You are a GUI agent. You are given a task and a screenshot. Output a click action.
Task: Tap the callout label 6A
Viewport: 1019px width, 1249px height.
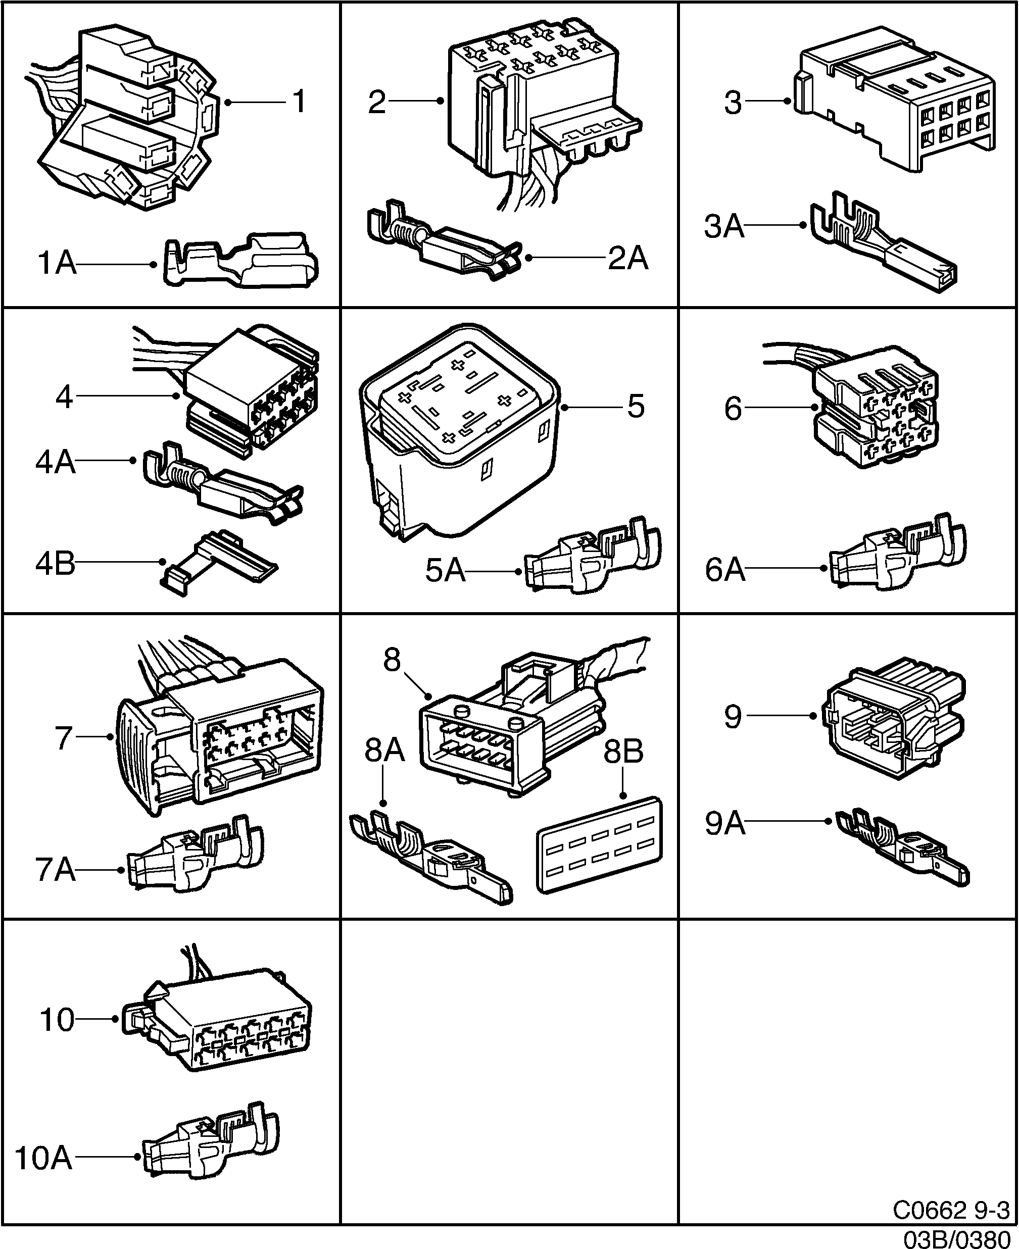(x=725, y=570)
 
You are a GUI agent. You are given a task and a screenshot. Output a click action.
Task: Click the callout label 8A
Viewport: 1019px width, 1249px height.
(x=384, y=751)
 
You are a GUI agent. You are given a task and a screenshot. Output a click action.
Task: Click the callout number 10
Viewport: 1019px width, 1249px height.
(x=57, y=1020)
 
